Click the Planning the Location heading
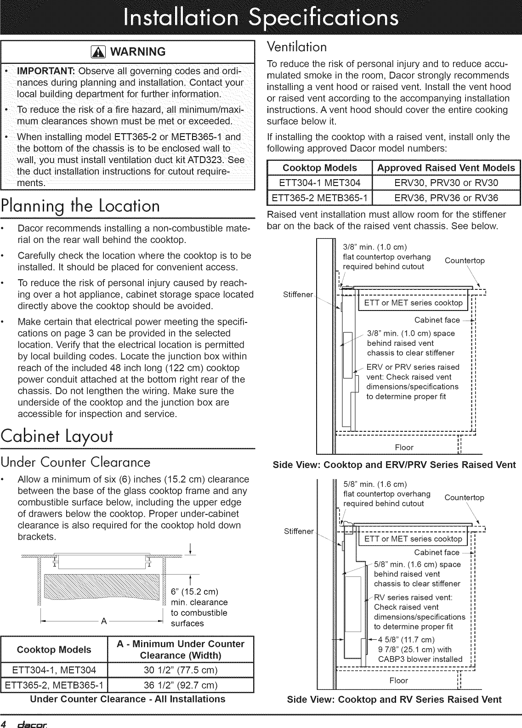[80, 206]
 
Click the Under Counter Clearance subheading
[75, 462]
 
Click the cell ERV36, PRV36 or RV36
[446, 198]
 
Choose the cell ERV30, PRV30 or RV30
[446, 183]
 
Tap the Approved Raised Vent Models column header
[446, 168]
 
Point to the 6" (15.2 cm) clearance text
[194, 591]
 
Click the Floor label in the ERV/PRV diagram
[404, 447]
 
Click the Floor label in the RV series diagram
[398, 681]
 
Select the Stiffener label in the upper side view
[298, 294]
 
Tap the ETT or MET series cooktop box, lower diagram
[413, 539]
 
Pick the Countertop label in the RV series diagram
[465, 497]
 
